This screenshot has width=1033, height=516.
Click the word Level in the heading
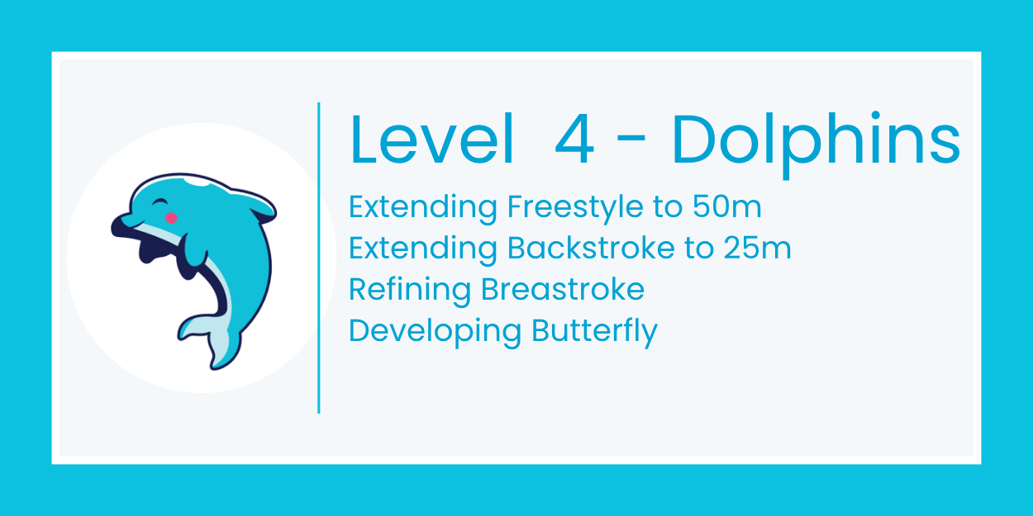pos(432,140)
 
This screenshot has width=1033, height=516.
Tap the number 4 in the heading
pos(574,140)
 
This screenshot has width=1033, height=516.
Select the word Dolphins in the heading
pos(816,140)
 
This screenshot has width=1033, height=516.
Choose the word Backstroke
pos(589,248)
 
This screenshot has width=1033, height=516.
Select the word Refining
pos(410,290)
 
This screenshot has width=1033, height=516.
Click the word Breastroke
pos(562,289)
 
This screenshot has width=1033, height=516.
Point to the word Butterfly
pos(594,331)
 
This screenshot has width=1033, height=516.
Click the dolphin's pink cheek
pos(171,218)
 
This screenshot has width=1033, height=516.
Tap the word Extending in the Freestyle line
pos(422,208)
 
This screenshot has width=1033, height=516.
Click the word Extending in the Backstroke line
pos(422,249)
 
